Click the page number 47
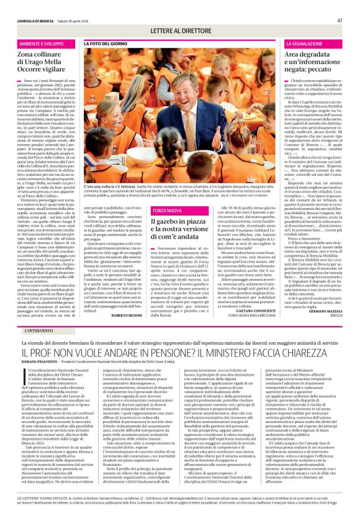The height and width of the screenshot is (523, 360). [340, 4]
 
